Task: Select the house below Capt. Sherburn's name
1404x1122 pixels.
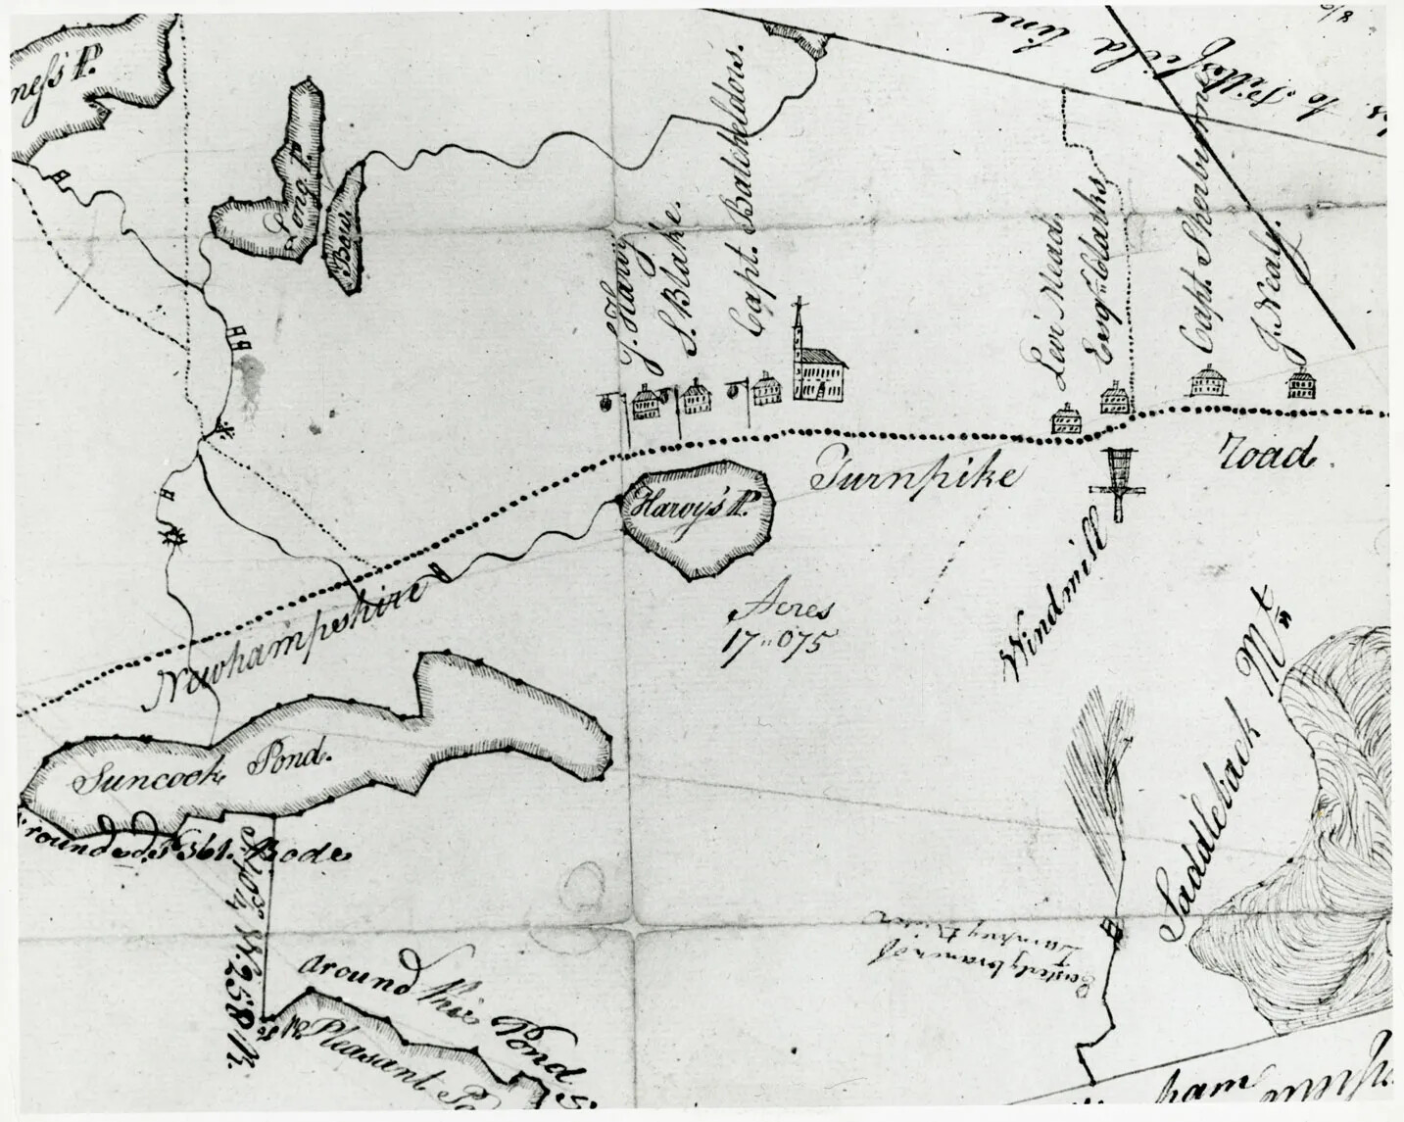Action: [x=1207, y=382]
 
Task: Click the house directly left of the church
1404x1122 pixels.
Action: [x=765, y=389]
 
